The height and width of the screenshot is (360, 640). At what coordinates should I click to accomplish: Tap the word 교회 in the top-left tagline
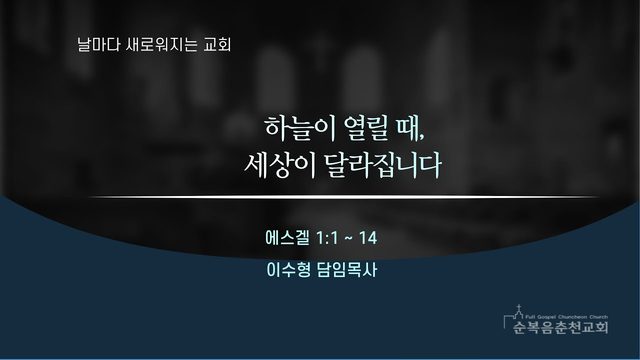(218, 44)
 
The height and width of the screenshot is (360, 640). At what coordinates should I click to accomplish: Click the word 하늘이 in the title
(300, 129)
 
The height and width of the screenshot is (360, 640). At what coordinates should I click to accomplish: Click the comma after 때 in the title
(422, 138)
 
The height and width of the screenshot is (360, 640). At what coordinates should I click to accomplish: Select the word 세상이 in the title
(280, 165)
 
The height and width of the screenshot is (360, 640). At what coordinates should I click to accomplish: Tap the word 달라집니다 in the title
(383, 165)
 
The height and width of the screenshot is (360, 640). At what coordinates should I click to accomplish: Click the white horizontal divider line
(344, 197)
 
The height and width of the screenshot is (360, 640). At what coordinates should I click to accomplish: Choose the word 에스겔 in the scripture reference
(287, 238)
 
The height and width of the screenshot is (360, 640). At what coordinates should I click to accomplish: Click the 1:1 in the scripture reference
(327, 238)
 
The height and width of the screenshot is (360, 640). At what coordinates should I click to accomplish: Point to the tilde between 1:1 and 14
(349, 238)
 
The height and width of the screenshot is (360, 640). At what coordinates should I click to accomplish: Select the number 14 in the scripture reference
(368, 238)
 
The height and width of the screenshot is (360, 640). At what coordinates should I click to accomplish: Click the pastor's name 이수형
(288, 270)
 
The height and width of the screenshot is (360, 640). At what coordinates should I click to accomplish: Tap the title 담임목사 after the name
(347, 270)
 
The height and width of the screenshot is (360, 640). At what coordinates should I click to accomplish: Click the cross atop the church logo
(519, 307)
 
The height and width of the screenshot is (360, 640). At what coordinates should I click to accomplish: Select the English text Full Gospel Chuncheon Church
(567, 317)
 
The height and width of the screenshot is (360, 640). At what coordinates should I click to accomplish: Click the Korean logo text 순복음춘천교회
(561, 327)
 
